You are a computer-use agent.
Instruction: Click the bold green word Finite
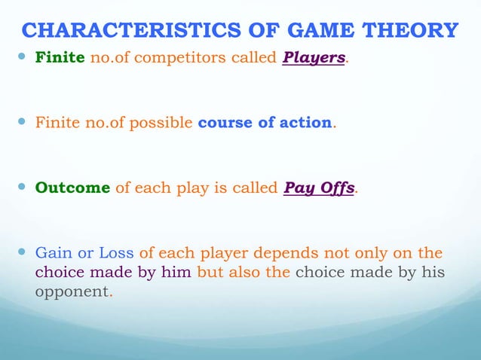point(60,58)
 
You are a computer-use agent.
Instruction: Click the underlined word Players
point(314,58)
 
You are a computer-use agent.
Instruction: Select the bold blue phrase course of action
point(265,123)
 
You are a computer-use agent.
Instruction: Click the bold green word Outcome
point(72,188)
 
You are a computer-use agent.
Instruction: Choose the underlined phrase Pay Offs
point(319,188)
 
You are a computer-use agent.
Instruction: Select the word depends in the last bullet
point(289,252)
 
